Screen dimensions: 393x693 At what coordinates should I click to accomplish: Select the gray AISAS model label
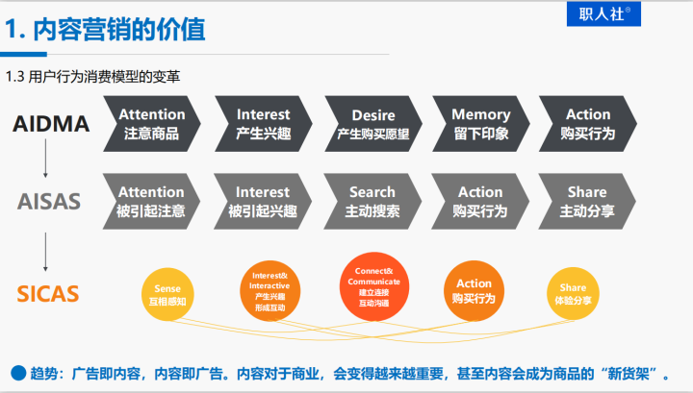tap(49, 202)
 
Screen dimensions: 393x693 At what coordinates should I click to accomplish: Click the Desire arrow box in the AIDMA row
tap(372, 124)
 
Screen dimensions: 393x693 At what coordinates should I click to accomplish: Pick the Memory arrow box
tap(480, 124)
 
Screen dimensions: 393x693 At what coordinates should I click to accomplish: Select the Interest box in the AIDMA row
tap(263, 124)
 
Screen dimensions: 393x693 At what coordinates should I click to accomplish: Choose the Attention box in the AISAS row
tap(151, 201)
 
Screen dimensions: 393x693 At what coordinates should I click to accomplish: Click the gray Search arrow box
tap(372, 201)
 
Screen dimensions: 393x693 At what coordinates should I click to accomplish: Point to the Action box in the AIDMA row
tap(587, 124)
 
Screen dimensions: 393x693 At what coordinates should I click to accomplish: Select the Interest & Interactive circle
tap(269, 287)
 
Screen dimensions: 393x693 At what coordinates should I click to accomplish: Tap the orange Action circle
tap(474, 290)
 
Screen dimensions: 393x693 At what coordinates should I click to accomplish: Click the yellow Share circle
tap(573, 293)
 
